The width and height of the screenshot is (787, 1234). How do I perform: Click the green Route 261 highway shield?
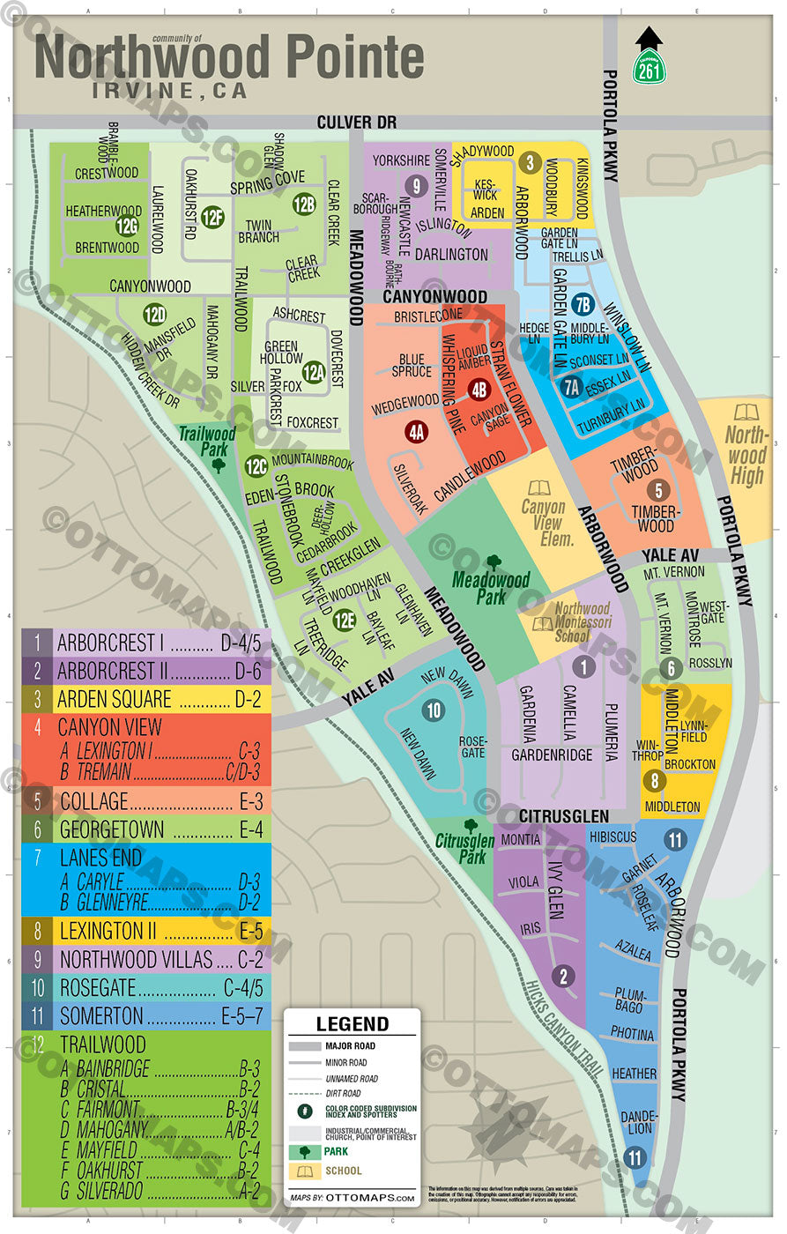click(649, 66)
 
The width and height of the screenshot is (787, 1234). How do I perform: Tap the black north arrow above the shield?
click(649, 37)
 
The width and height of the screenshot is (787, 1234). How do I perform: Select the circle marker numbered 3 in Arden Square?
click(529, 162)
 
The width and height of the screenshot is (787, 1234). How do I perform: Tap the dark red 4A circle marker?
click(416, 431)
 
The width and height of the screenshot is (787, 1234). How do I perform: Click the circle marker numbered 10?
click(433, 710)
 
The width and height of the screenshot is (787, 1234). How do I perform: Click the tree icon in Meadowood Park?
click(494, 561)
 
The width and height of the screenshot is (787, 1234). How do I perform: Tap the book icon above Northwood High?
click(746, 413)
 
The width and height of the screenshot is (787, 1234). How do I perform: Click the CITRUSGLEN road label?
click(563, 816)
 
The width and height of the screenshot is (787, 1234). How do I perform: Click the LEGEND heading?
click(352, 1023)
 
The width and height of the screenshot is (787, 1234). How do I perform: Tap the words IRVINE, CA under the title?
click(170, 91)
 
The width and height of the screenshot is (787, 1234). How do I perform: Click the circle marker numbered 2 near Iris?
click(563, 977)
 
